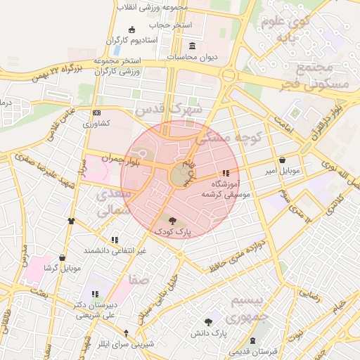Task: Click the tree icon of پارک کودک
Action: tap(173, 220)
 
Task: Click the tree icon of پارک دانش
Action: tap(209, 321)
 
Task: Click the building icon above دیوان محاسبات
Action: tap(192, 46)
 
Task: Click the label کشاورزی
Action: tap(96, 124)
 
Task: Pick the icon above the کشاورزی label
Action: tap(96, 113)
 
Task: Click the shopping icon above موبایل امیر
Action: tap(282, 160)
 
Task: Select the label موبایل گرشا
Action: tap(63, 268)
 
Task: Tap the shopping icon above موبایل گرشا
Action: tap(63, 257)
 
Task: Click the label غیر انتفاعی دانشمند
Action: tap(115, 250)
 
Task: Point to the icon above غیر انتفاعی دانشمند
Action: tap(115, 240)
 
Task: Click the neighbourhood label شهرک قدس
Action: tap(169, 110)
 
